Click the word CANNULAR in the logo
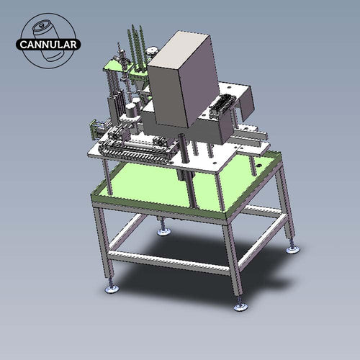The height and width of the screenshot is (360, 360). pyautogui.click(x=50, y=44)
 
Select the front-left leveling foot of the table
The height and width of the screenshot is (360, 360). pyautogui.click(x=112, y=289)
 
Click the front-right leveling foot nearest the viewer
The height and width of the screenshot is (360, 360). pyautogui.click(x=240, y=306)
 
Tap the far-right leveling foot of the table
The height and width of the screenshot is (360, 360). pyautogui.click(x=292, y=249)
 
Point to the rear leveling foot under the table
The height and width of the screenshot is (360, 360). pyautogui.click(x=164, y=231)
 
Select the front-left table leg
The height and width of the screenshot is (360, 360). pyautogui.click(x=105, y=245)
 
